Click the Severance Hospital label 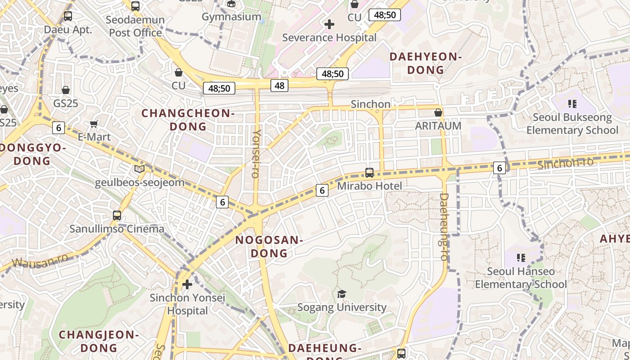pos(329,37)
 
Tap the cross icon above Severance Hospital pos(329,24)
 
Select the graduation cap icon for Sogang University pos(342,294)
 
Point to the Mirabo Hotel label pos(369,185)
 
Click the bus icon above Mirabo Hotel pos(369,172)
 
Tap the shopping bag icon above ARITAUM pos(438,112)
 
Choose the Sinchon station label pos(370,104)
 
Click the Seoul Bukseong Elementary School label pos(572,124)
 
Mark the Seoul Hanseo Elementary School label pos(521,278)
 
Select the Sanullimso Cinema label pos(117,229)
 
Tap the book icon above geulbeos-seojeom pos(139,169)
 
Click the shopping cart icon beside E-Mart pos(94,124)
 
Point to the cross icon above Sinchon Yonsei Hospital pos(187,284)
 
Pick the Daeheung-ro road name pos(444,227)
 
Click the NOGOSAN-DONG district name pos(269,246)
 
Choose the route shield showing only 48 pos(279,85)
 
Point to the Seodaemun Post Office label pos(135,26)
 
